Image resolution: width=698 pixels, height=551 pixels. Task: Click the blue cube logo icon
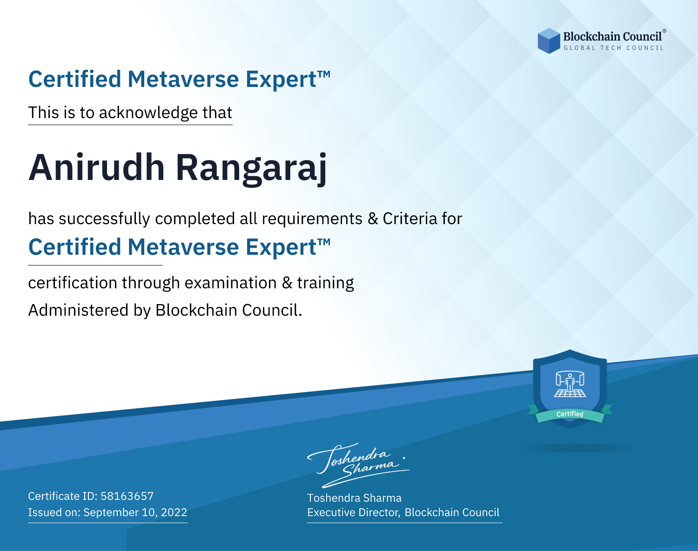click(549, 41)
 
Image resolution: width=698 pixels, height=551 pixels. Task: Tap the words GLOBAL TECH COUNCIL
click(614, 48)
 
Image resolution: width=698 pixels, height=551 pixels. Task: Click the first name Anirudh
click(97, 167)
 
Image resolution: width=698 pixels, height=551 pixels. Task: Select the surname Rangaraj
click(251, 169)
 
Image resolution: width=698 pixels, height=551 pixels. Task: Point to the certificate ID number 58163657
click(127, 496)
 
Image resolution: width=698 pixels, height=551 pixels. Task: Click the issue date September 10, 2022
click(135, 512)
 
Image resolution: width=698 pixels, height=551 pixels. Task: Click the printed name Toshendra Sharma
click(355, 498)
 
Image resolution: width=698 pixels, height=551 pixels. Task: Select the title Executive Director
click(353, 512)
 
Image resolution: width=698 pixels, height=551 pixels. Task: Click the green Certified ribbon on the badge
click(570, 414)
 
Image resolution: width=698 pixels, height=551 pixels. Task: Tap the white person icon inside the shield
click(570, 384)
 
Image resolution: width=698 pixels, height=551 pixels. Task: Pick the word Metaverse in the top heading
click(183, 79)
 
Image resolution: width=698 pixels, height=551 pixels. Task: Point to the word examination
click(231, 283)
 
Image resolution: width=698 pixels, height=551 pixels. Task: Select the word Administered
click(78, 310)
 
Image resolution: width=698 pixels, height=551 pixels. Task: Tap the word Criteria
click(409, 219)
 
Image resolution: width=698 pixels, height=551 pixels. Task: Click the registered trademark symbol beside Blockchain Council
click(664, 31)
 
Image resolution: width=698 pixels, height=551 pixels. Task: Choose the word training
click(325, 283)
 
